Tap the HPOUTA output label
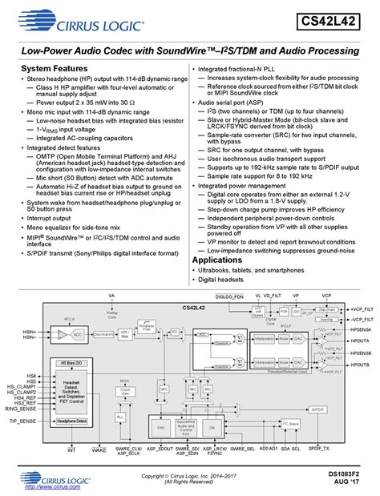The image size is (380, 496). tap(361, 341)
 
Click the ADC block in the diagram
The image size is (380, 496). tap(78, 333)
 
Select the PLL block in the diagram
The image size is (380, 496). tap(120, 417)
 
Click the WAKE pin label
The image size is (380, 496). tap(99, 450)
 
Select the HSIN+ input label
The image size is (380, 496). tap(30, 330)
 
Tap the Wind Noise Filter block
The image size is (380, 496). tap(145, 326)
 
